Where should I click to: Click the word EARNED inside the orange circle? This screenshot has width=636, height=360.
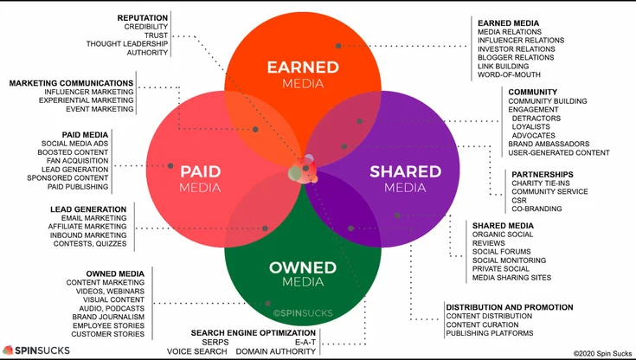[308, 67]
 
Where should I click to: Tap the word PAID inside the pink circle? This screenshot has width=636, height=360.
[200, 170]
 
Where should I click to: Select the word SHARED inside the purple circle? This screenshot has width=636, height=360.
[405, 170]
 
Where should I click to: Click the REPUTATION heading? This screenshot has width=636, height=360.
[143, 16]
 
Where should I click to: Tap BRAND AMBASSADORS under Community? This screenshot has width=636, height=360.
[549, 144]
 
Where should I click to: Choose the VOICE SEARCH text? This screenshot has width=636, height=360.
[198, 351]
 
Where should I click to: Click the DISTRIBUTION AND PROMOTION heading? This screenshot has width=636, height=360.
[509, 307]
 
